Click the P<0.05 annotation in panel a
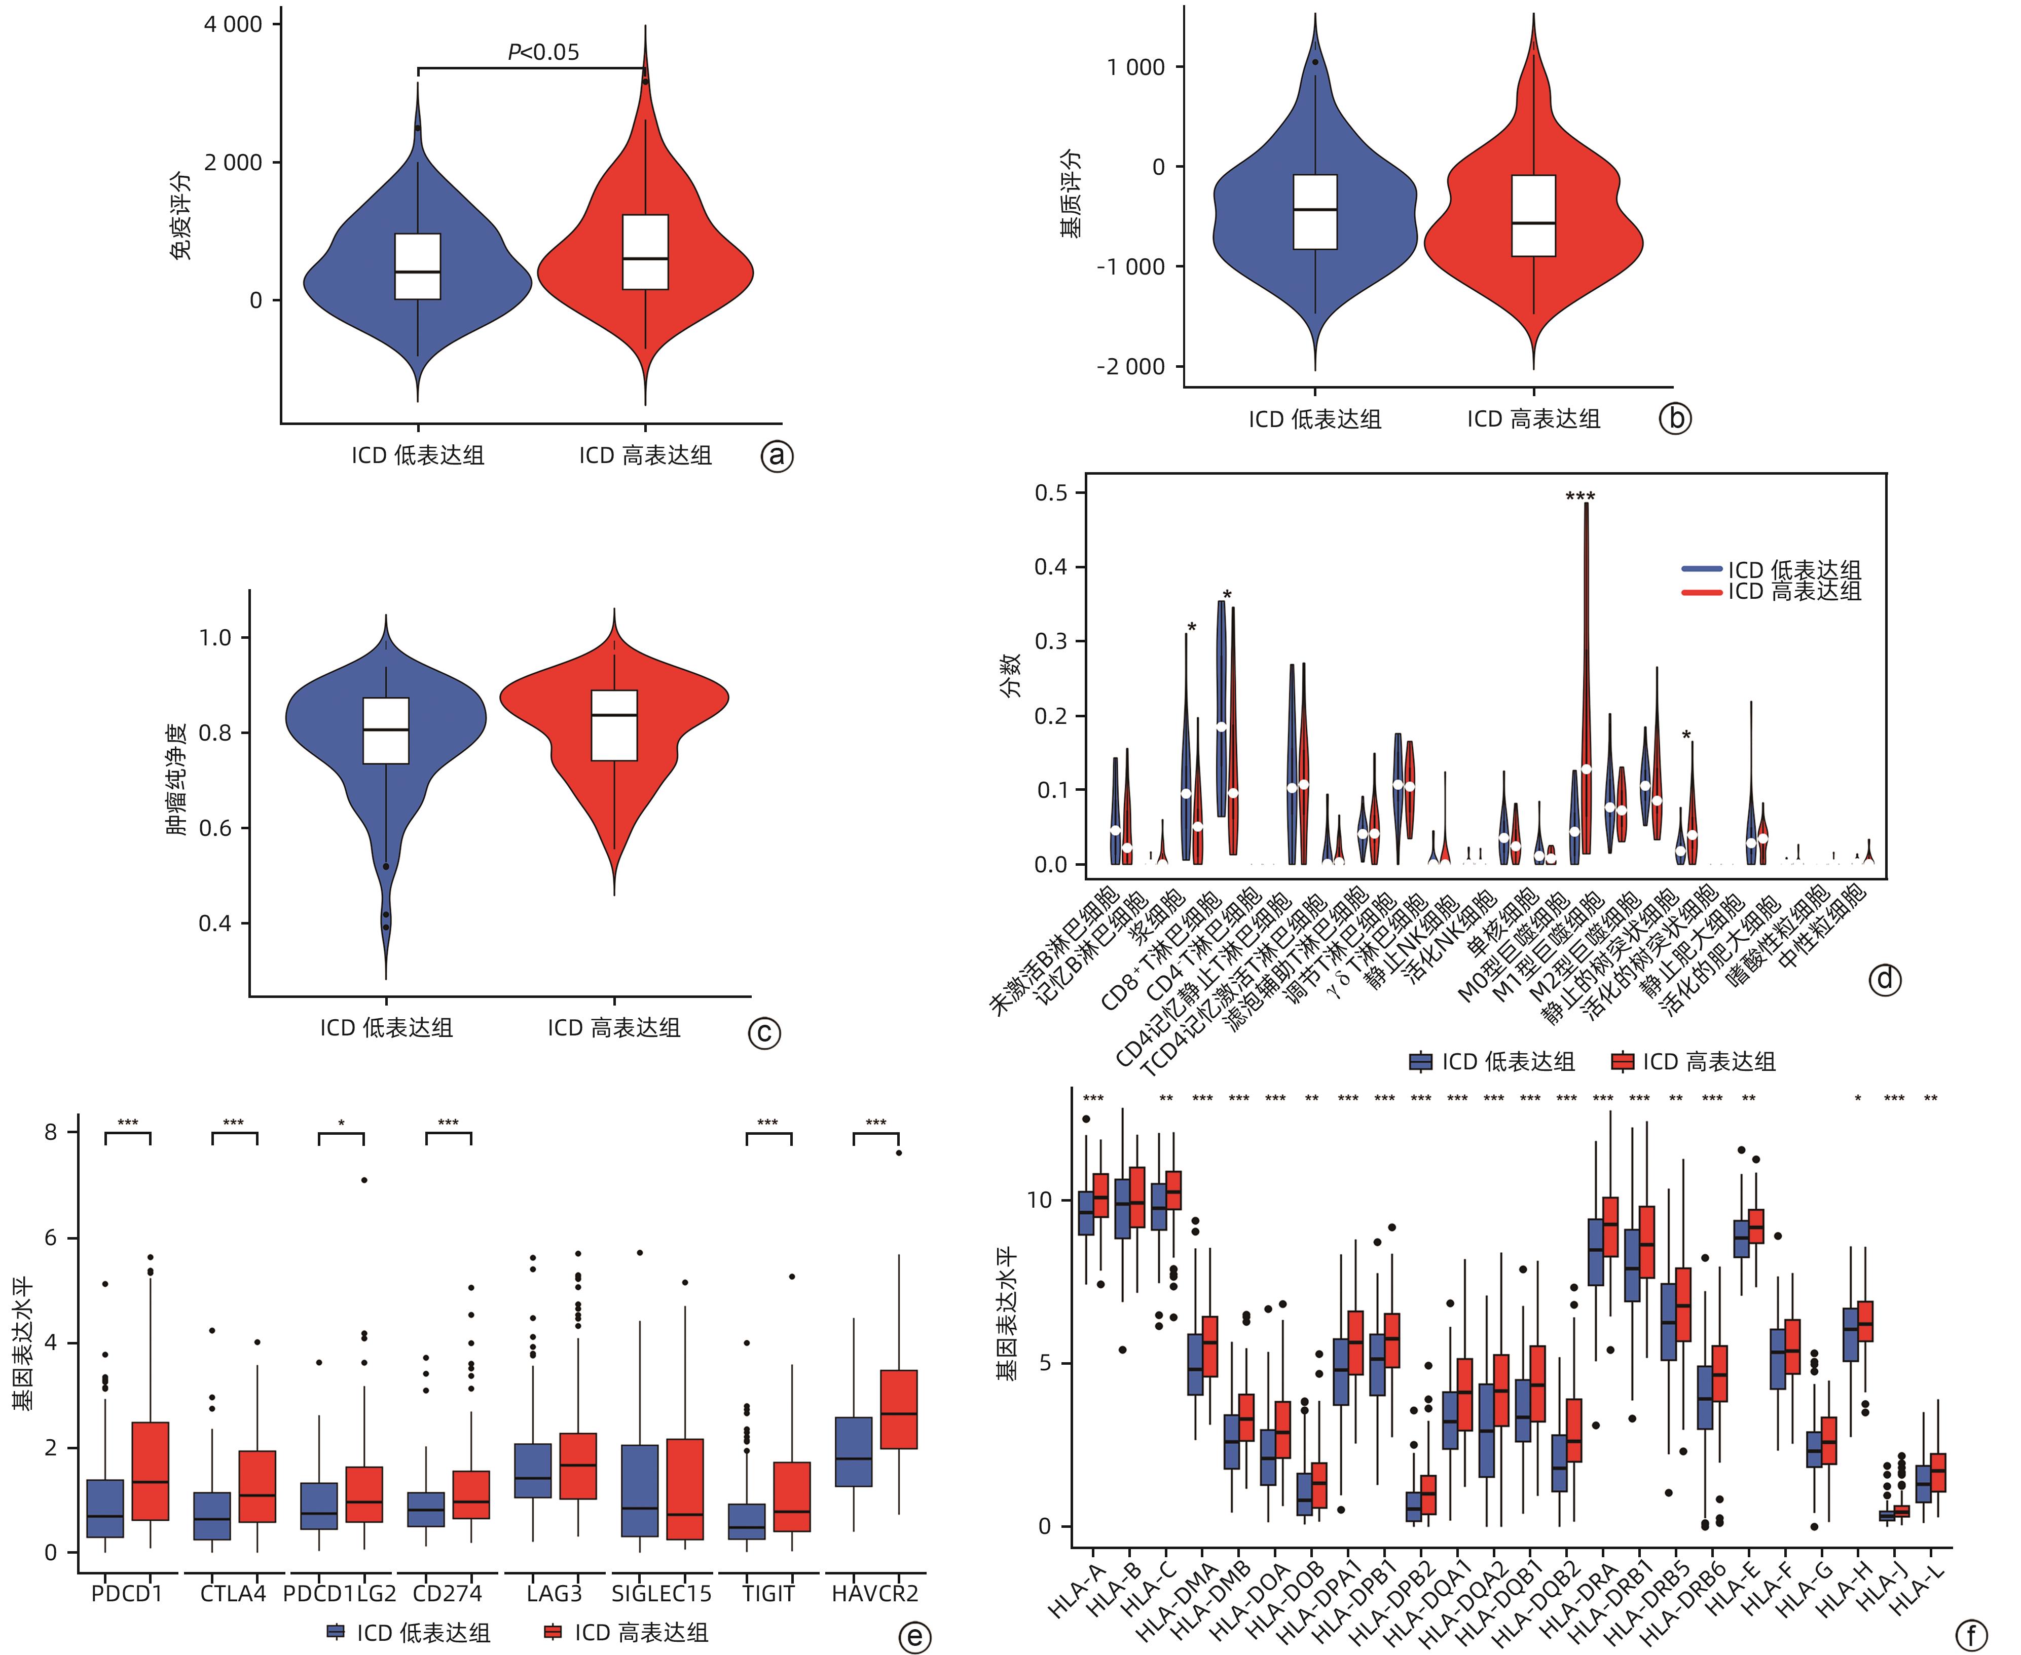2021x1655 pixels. point(543,53)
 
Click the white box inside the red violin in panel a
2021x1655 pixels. point(646,252)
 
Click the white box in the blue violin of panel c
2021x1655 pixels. point(386,730)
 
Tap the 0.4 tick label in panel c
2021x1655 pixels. point(214,923)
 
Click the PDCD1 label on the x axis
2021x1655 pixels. point(127,1593)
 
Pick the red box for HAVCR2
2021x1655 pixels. point(898,1410)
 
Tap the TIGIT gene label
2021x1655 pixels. point(768,1593)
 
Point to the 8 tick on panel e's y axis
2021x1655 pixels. point(51,1133)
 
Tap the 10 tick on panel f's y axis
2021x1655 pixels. point(1040,1199)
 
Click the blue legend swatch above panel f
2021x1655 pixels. point(1421,1061)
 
